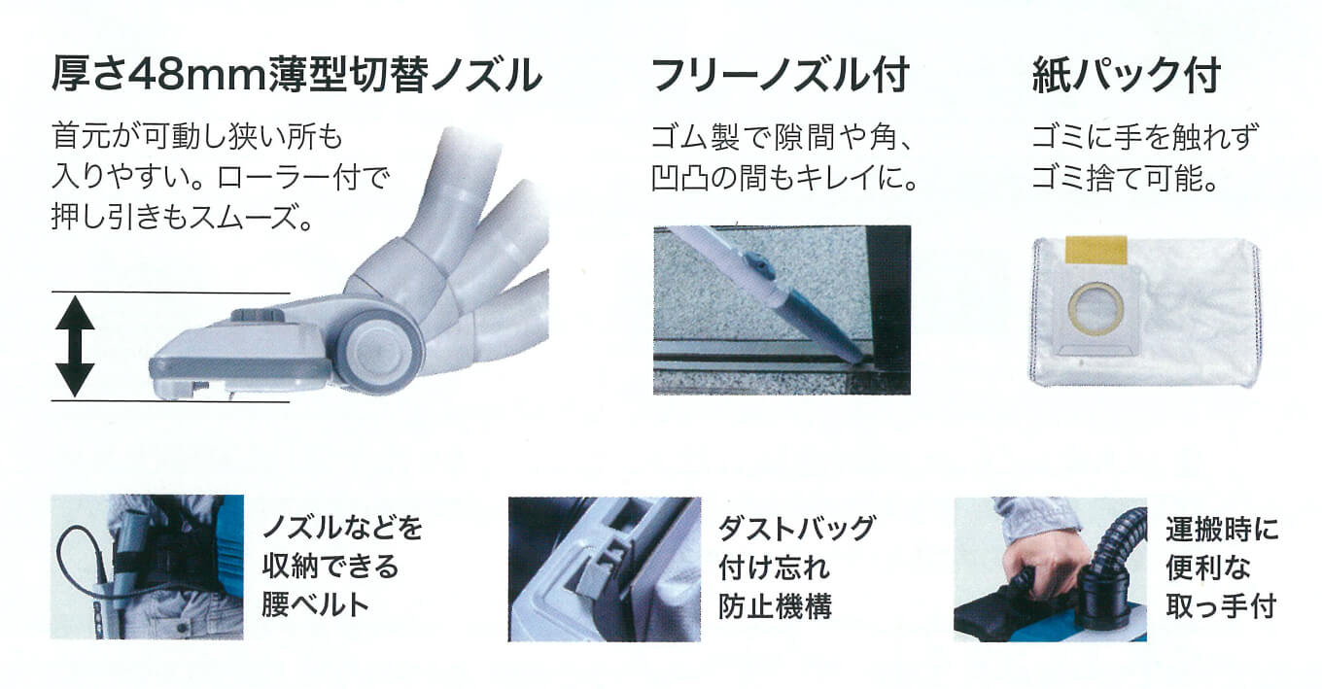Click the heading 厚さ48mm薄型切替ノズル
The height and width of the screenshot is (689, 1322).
pos(296,75)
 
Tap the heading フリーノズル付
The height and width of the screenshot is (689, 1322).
pos(781,75)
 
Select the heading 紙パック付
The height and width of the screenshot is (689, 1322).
pos(1126,75)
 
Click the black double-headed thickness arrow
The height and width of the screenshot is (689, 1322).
pos(75,346)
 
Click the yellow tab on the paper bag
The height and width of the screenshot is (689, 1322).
pos(1096,250)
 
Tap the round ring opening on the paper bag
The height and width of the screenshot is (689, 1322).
pos(1096,308)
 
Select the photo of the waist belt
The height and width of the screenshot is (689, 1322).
pos(147,567)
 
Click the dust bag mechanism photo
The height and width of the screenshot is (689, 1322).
pos(605,569)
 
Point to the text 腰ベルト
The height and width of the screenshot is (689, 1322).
pos(316,604)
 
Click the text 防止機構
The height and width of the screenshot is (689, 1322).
pos(775,605)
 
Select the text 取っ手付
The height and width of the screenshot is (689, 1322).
pos(1221,605)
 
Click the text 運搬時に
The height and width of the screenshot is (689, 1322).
pos(1222,529)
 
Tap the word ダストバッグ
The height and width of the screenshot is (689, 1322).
pos(797,528)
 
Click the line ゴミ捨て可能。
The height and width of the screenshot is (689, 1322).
pos(1125,177)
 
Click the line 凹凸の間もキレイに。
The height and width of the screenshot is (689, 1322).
pos(784,177)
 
